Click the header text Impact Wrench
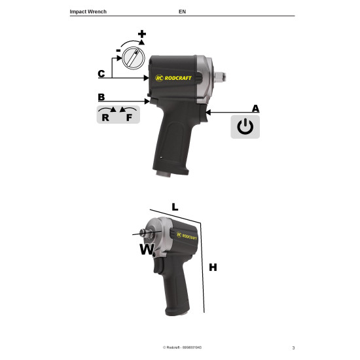pyautogui.click(x=88, y=12)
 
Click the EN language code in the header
pyautogui.click(x=182, y=12)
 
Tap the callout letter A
pyautogui.click(x=255, y=108)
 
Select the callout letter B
pyautogui.click(x=101, y=97)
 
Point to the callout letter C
pyautogui.click(x=101, y=73)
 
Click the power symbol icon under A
pyautogui.click(x=245, y=126)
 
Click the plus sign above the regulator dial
pyautogui.click(x=142, y=33)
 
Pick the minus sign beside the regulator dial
pyautogui.click(x=118, y=50)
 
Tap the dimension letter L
pyautogui.click(x=175, y=207)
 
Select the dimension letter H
pyautogui.click(x=212, y=267)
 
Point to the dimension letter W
pyautogui.click(x=146, y=249)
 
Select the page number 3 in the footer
pyautogui.click(x=293, y=347)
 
